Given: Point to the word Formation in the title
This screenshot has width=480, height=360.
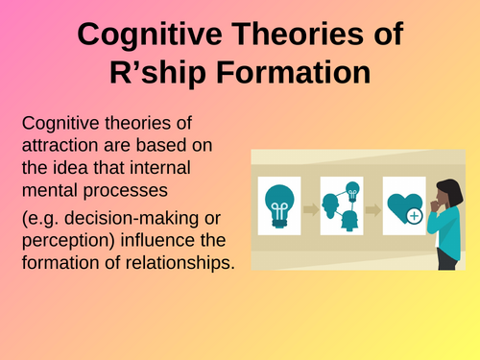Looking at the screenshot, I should click(289, 75).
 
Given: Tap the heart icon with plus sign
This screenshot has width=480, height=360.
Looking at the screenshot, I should click(402, 205).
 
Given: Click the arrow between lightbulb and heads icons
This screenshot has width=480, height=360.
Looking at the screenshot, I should click(311, 206).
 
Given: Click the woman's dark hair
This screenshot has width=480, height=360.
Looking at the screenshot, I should click(451, 190).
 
